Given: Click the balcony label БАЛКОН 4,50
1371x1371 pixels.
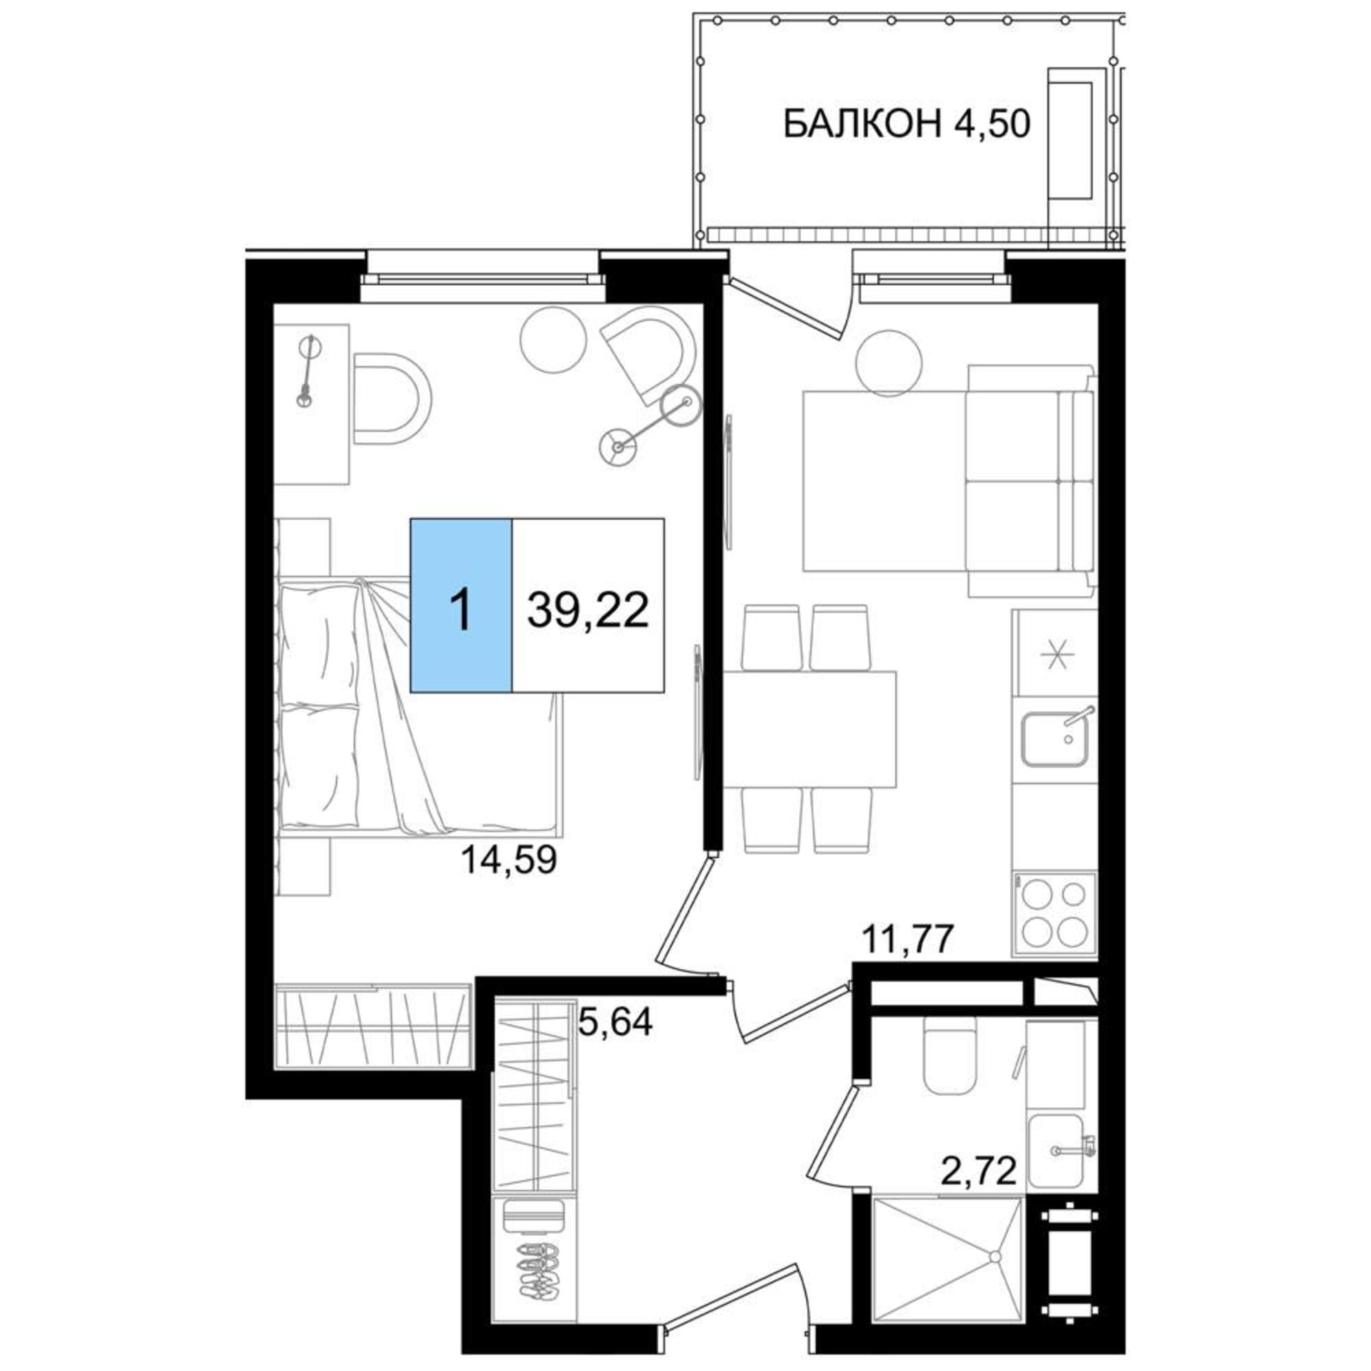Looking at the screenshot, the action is click(906, 124).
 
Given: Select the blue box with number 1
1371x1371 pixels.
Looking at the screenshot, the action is click(461, 605).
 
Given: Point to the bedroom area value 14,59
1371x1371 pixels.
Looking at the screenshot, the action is click(509, 861).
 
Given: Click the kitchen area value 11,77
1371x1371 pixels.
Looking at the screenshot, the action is click(906, 941).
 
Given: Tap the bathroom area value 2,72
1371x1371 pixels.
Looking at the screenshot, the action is click(979, 1170).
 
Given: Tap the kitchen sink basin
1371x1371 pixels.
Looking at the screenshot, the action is click(1054, 740).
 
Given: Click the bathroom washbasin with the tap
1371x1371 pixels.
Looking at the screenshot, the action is click(1057, 1150).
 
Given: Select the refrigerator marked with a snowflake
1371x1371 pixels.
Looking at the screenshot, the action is click(1056, 653).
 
